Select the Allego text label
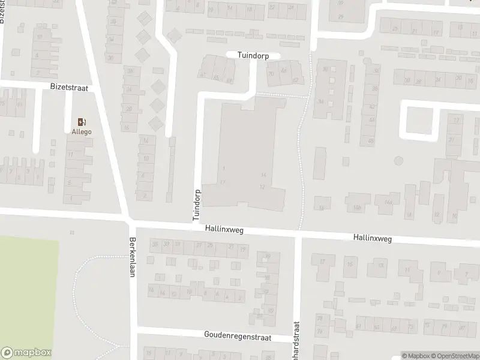click(81, 131)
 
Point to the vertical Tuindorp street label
click(196, 205)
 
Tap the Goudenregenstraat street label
click(237, 338)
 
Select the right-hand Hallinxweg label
click(373, 239)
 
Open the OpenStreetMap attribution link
click(453, 356)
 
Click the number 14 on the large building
click(263, 174)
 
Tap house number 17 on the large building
click(223, 182)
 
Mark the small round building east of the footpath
click(398, 161)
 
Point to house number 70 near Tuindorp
click(271, 74)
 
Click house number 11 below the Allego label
click(71, 155)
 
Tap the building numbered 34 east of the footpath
click(321, 101)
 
